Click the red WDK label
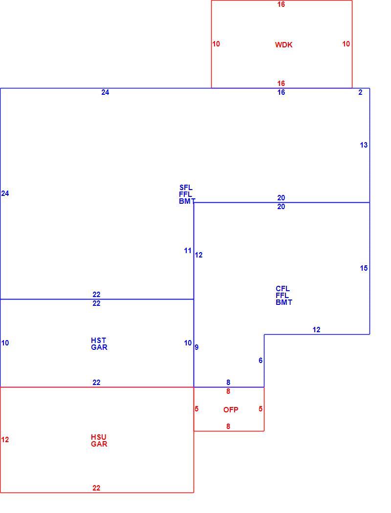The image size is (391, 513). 283,45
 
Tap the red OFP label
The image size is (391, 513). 231,409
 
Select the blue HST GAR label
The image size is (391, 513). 99,344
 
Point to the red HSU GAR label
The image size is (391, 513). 99,440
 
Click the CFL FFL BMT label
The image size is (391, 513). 283,296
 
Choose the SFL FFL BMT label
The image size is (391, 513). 187,194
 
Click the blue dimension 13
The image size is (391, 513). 364,145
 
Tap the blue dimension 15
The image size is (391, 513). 364,268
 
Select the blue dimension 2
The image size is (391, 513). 360,92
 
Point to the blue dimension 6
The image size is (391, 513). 261,361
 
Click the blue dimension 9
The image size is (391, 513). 196,347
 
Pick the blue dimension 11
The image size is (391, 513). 188,251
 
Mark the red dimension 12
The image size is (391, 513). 5,439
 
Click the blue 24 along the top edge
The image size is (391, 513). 105,92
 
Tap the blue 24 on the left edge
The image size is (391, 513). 5,193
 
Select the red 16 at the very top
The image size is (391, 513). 281,4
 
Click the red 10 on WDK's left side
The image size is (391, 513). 216,44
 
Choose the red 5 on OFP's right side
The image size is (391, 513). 261,408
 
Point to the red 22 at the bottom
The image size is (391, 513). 96,488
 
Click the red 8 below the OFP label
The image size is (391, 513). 228,427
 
